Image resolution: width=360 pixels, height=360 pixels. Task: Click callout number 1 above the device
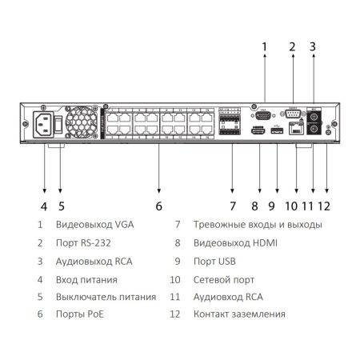(265, 46)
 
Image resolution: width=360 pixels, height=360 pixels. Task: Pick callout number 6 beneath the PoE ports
(158, 206)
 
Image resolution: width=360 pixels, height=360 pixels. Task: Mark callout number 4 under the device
(44, 206)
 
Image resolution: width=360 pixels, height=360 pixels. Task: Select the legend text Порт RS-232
(82, 242)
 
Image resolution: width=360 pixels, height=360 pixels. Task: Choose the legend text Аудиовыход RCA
(94, 261)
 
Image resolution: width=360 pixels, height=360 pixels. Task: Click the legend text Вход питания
(86, 279)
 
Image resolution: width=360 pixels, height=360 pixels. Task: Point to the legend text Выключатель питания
(106, 297)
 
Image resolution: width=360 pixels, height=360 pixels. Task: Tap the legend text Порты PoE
(80, 314)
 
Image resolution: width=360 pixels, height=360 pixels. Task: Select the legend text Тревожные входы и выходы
(258, 225)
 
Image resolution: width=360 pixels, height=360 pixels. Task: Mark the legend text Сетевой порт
(223, 279)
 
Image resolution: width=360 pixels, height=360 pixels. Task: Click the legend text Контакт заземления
(239, 314)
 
